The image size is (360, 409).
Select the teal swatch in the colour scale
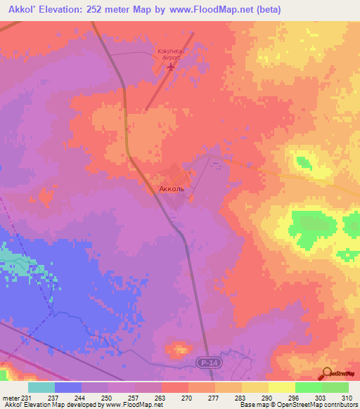(41, 387)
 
